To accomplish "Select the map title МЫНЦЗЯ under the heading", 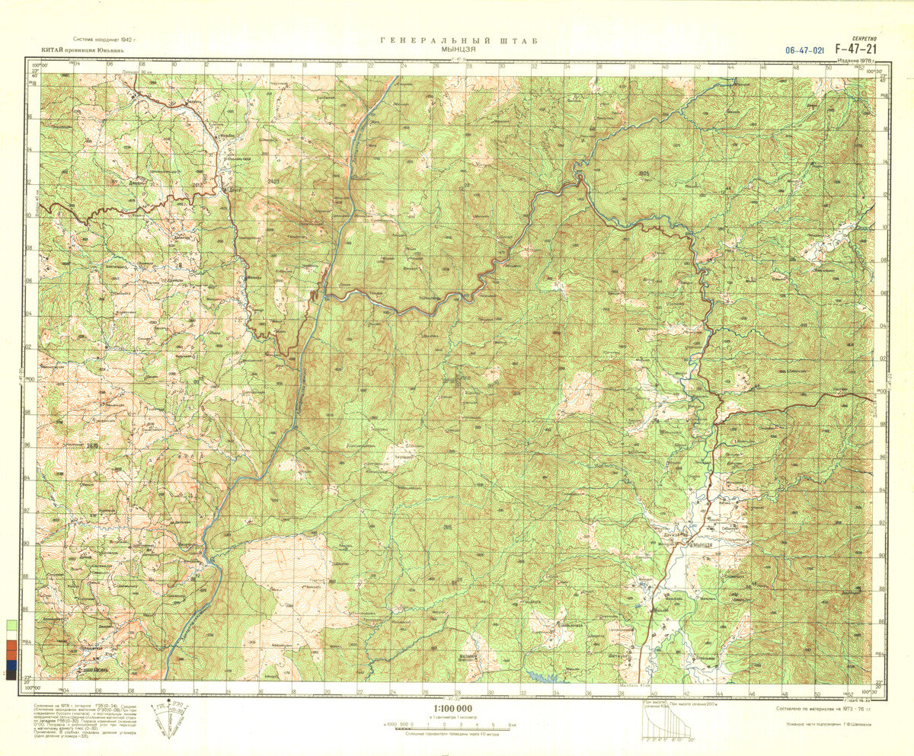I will [459, 49].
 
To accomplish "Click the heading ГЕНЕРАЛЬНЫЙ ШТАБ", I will [459, 40].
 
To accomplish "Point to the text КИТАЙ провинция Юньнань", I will [77, 51].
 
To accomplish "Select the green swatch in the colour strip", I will [11, 625].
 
